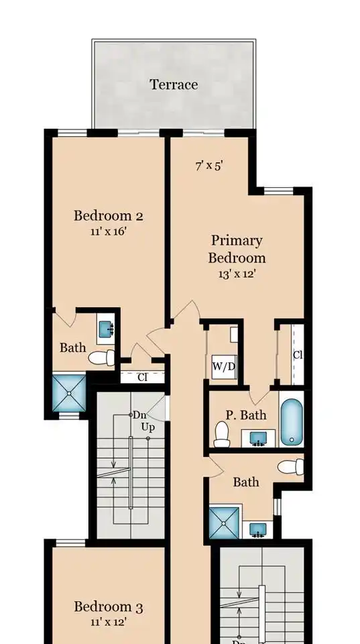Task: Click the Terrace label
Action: [x=174, y=85]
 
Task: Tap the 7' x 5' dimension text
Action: [x=209, y=166]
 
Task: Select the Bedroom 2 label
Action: [x=109, y=215]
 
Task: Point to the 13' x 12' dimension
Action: [x=237, y=274]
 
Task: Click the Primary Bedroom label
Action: [x=237, y=249]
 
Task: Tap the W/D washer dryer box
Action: [x=224, y=366]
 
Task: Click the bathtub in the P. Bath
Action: [x=292, y=422]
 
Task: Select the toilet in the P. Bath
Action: [x=222, y=434]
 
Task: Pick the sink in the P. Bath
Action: [x=258, y=438]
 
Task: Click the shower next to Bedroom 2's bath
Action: [x=69, y=393]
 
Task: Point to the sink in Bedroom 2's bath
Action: [x=107, y=329]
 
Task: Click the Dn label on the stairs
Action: [x=139, y=415]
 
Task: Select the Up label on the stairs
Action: [x=147, y=427]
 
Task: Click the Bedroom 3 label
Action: [x=109, y=606]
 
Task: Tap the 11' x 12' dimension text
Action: [x=109, y=623]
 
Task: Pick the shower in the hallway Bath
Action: [x=224, y=523]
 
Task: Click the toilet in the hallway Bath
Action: [x=291, y=467]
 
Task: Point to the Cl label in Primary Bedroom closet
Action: [x=298, y=356]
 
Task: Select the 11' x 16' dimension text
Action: [x=109, y=231]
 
